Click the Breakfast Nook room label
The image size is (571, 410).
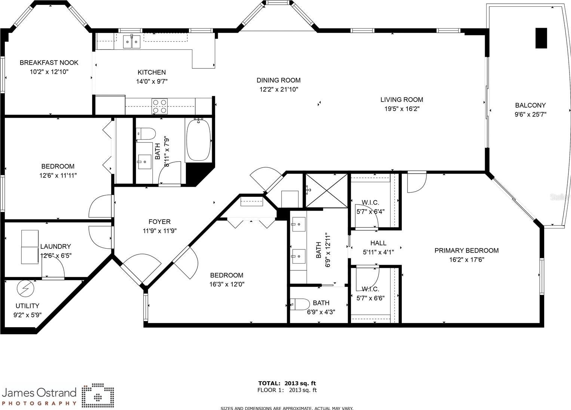coord(49,63)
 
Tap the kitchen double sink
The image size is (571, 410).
coord(132,41)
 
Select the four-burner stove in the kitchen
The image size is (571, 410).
coord(159,106)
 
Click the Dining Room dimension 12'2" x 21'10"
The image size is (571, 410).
coord(279,90)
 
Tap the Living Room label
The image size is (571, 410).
coord(402,100)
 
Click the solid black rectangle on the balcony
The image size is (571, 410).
coord(541,38)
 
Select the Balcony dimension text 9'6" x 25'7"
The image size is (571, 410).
coord(530,114)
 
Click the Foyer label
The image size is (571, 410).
coord(159,222)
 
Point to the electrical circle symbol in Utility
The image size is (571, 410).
coord(25,288)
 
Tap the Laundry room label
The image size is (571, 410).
coord(56,246)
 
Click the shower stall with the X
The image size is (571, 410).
coord(326,190)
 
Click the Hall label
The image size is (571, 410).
coord(378,243)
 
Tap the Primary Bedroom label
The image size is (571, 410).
coord(466,251)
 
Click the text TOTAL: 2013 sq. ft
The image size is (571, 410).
coord(287,383)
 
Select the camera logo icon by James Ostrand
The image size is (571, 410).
coord(98,395)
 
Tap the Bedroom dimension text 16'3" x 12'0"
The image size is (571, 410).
coord(227,285)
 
